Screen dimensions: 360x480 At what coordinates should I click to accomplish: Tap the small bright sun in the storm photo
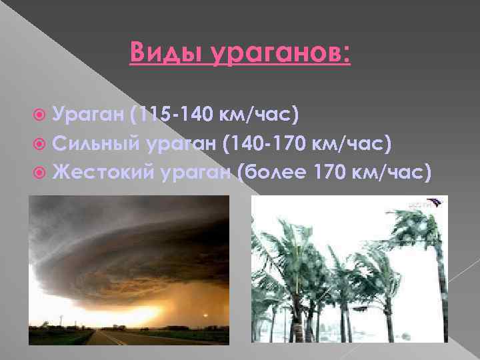[x=206, y=315]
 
